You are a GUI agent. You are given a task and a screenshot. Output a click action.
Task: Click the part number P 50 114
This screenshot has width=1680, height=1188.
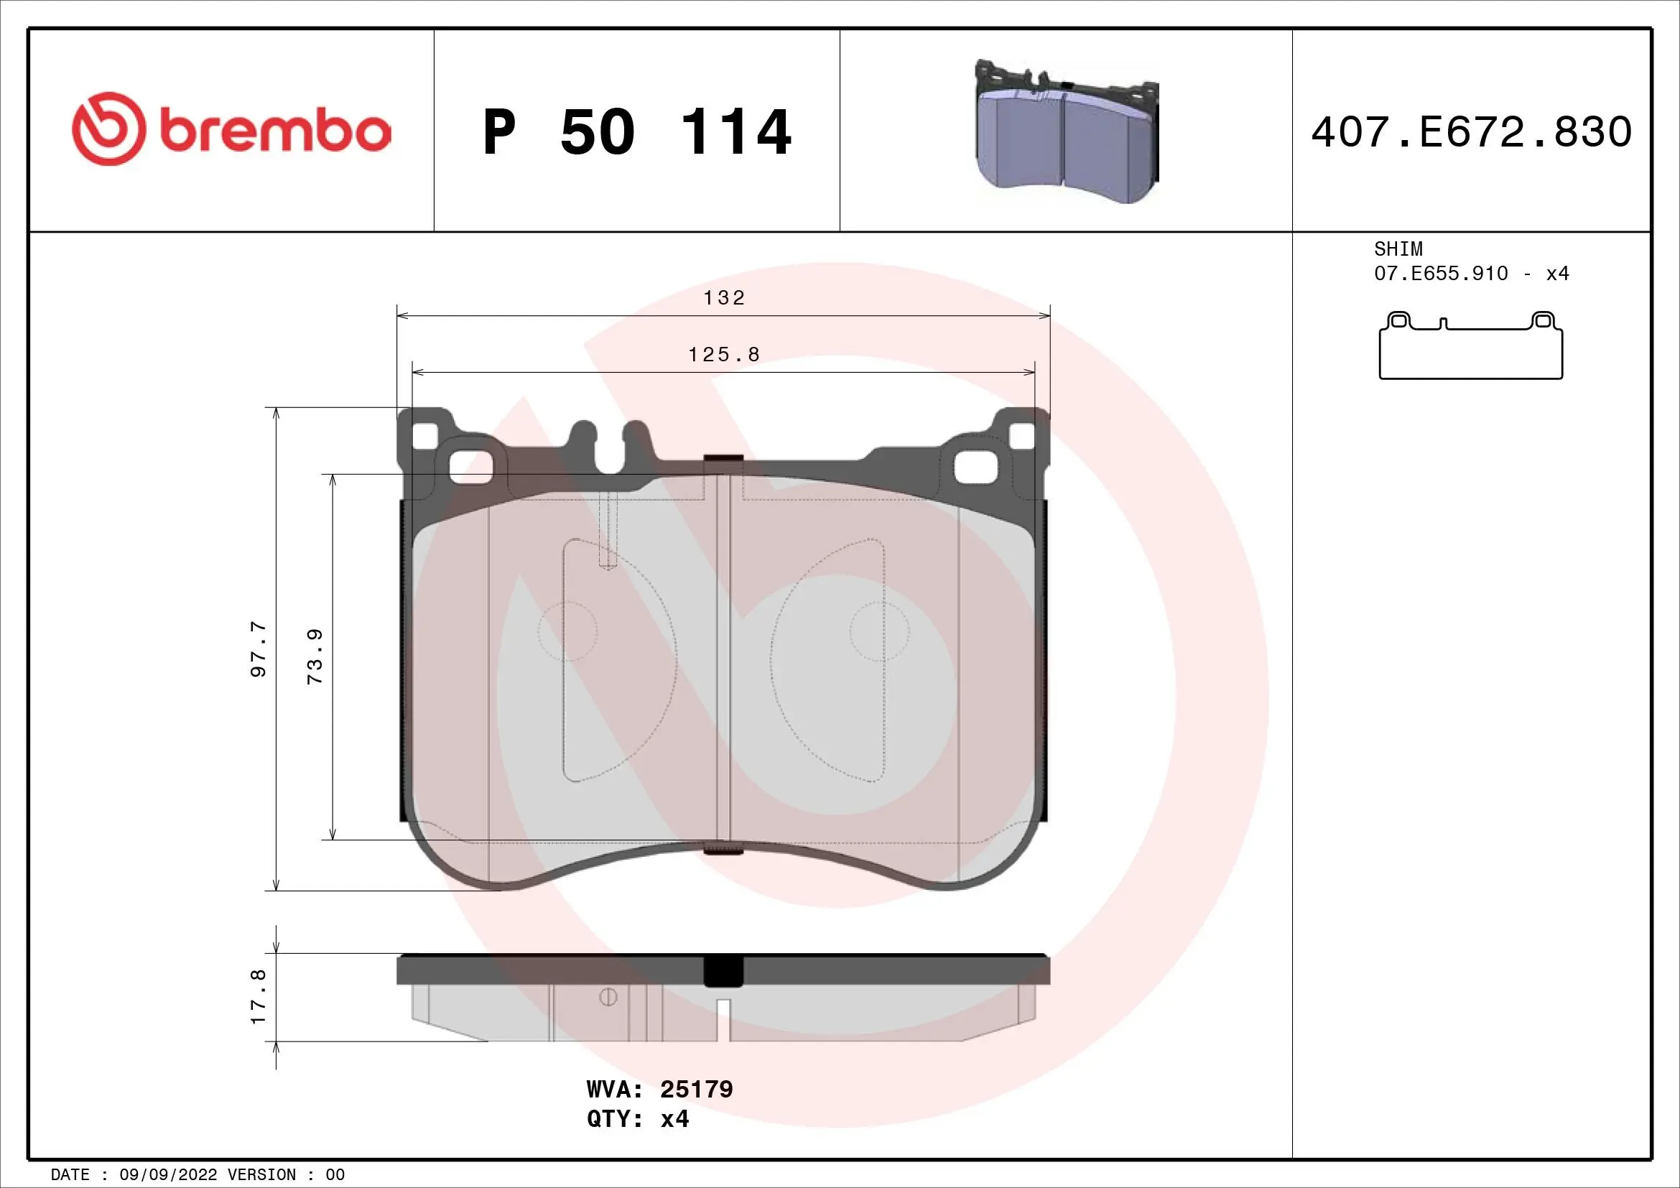tap(636, 132)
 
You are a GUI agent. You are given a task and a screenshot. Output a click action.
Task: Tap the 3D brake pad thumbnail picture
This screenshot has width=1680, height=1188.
tap(1067, 132)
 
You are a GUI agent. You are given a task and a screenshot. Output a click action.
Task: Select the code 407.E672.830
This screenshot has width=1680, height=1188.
tap(1472, 132)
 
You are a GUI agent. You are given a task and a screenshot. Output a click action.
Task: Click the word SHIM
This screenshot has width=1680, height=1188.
tap(1398, 249)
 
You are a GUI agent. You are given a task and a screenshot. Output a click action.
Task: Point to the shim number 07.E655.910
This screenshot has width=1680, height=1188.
tap(1441, 274)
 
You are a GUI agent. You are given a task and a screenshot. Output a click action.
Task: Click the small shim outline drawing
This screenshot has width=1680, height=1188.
tap(1471, 347)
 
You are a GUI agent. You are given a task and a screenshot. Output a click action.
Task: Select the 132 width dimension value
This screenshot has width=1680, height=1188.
tap(724, 298)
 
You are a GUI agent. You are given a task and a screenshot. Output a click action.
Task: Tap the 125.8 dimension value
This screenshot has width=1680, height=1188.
tap(724, 355)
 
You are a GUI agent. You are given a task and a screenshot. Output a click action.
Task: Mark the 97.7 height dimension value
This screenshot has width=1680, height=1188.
tap(259, 649)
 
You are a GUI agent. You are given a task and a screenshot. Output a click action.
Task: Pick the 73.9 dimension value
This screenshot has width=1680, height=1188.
tap(315, 656)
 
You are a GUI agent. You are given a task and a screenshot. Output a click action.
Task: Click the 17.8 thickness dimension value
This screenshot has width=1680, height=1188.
tap(259, 996)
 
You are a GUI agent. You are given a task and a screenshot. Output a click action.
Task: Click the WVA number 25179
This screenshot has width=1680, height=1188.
tap(696, 1090)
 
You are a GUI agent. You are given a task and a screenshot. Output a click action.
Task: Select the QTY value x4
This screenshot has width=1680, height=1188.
tap(674, 1119)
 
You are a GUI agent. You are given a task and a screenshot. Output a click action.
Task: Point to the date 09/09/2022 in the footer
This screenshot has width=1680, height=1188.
tap(167, 1175)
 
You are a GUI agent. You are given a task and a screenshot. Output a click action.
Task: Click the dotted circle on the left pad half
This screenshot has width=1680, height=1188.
tap(567, 632)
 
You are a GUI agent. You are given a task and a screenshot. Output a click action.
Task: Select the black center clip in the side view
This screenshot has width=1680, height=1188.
tap(723, 972)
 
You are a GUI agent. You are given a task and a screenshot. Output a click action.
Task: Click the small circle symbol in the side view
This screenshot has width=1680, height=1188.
tap(608, 997)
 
